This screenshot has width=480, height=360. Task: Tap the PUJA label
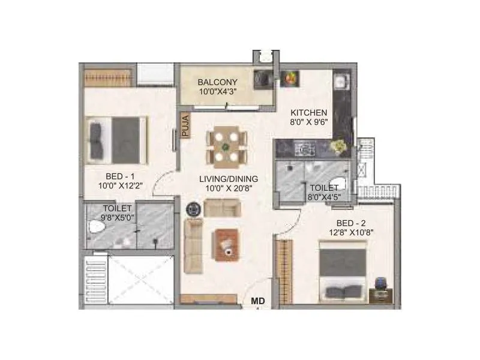point(185,126)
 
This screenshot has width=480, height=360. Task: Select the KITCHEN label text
point(309,112)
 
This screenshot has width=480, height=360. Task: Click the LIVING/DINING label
point(229,178)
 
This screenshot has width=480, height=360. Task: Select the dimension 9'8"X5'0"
point(113,218)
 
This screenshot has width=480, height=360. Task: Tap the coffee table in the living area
point(227,244)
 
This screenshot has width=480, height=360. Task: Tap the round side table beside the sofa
point(193,209)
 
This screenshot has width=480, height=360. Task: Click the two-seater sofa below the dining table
point(221,208)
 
